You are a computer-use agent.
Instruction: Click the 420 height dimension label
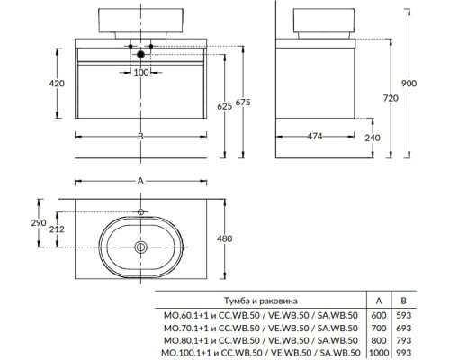[x=57, y=83]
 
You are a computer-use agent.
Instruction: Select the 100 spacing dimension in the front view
[x=141, y=72]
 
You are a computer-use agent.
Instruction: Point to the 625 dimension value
[x=225, y=106]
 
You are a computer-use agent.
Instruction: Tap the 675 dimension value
[x=242, y=103]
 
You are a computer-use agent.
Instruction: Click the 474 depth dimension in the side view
[x=315, y=136]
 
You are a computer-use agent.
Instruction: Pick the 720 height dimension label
[x=391, y=98]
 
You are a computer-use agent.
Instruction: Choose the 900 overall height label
[x=409, y=83]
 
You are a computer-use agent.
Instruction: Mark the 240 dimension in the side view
[x=373, y=138]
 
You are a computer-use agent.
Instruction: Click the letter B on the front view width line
[x=140, y=136]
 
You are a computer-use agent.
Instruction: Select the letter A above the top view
[x=140, y=181]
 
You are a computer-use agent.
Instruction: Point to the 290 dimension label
[x=39, y=222]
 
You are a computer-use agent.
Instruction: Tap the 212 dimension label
[x=57, y=229]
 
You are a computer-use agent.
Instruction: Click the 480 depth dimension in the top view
[x=225, y=238]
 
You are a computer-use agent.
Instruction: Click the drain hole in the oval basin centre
[x=140, y=247]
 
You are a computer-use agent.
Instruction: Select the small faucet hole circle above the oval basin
[x=140, y=212]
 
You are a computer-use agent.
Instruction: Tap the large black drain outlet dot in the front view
[x=140, y=55]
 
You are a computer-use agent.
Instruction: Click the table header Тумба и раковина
[x=261, y=301]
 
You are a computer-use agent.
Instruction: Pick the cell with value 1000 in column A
[x=379, y=353]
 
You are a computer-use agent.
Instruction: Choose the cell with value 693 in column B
[x=403, y=328]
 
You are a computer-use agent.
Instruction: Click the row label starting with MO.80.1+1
[x=261, y=340]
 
